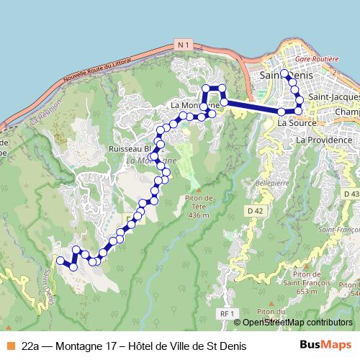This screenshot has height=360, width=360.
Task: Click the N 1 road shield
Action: [x=183, y=45]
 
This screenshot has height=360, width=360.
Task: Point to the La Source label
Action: [x=293, y=123]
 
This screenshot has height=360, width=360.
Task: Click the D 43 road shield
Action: [x=351, y=194]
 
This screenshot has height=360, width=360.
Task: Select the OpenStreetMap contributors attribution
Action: [x=297, y=323]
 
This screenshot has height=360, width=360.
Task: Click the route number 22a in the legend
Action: [x=31, y=346]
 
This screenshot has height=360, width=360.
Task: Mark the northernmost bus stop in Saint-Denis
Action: [x=284, y=74]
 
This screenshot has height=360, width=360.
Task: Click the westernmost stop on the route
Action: [x=60, y=260]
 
